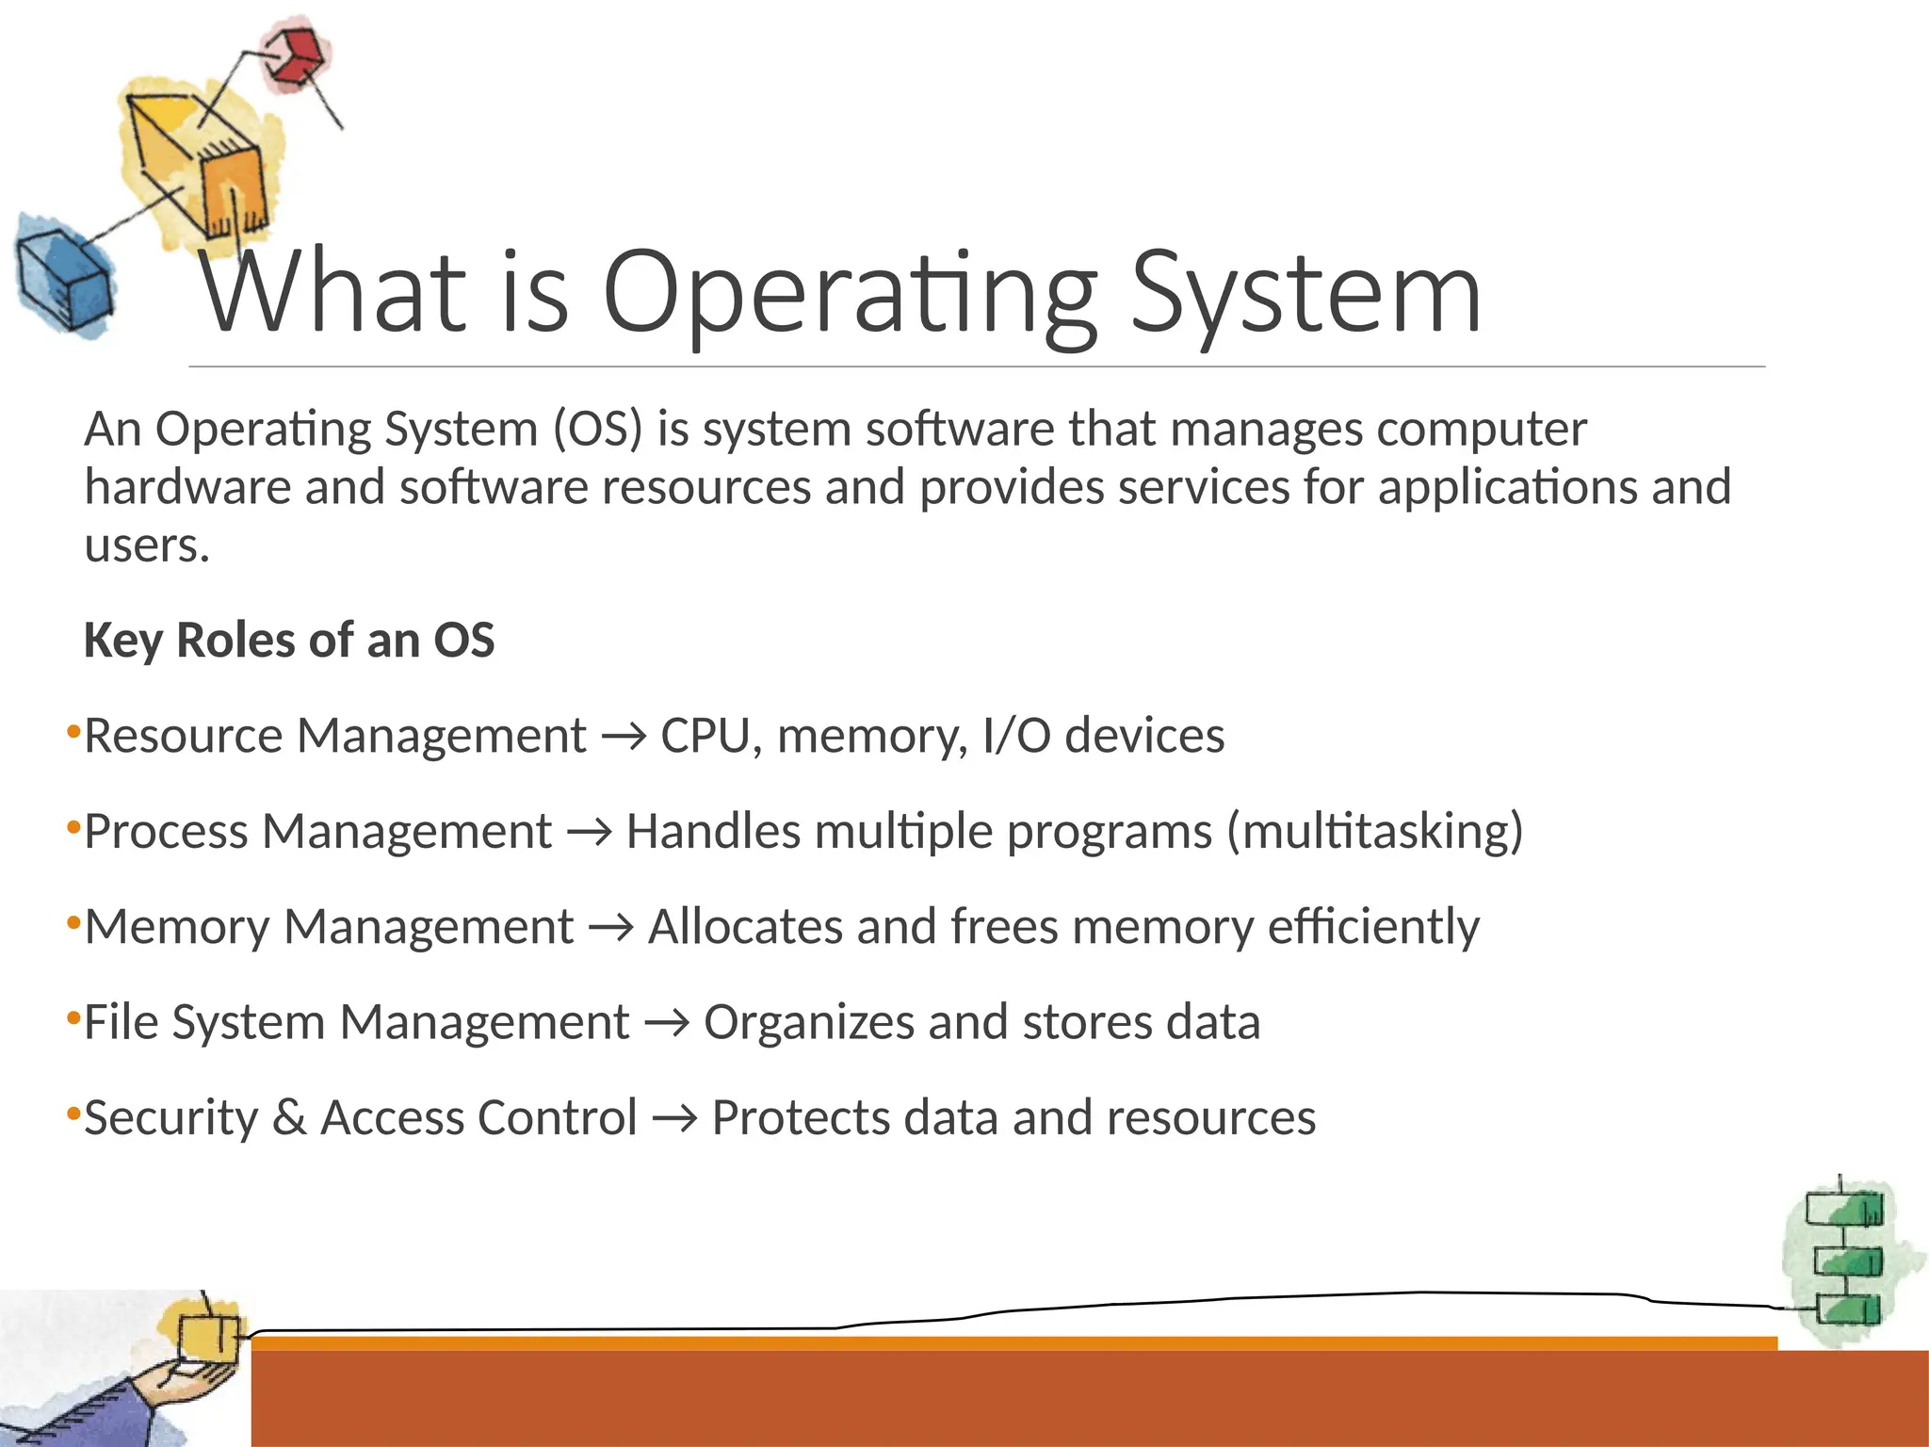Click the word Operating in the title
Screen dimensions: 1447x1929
pyautogui.click(x=848, y=294)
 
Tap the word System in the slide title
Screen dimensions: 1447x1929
pyautogui.click(x=1305, y=294)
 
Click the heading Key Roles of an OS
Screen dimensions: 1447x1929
pyautogui.click(x=288, y=641)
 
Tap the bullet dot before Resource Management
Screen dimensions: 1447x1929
pyautogui.click(x=73, y=732)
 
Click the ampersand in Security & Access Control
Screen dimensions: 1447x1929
pyautogui.click(x=289, y=1118)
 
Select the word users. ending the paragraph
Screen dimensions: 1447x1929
pyautogui.click(x=147, y=546)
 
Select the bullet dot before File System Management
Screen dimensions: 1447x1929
pyautogui.click(x=73, y=1018)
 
